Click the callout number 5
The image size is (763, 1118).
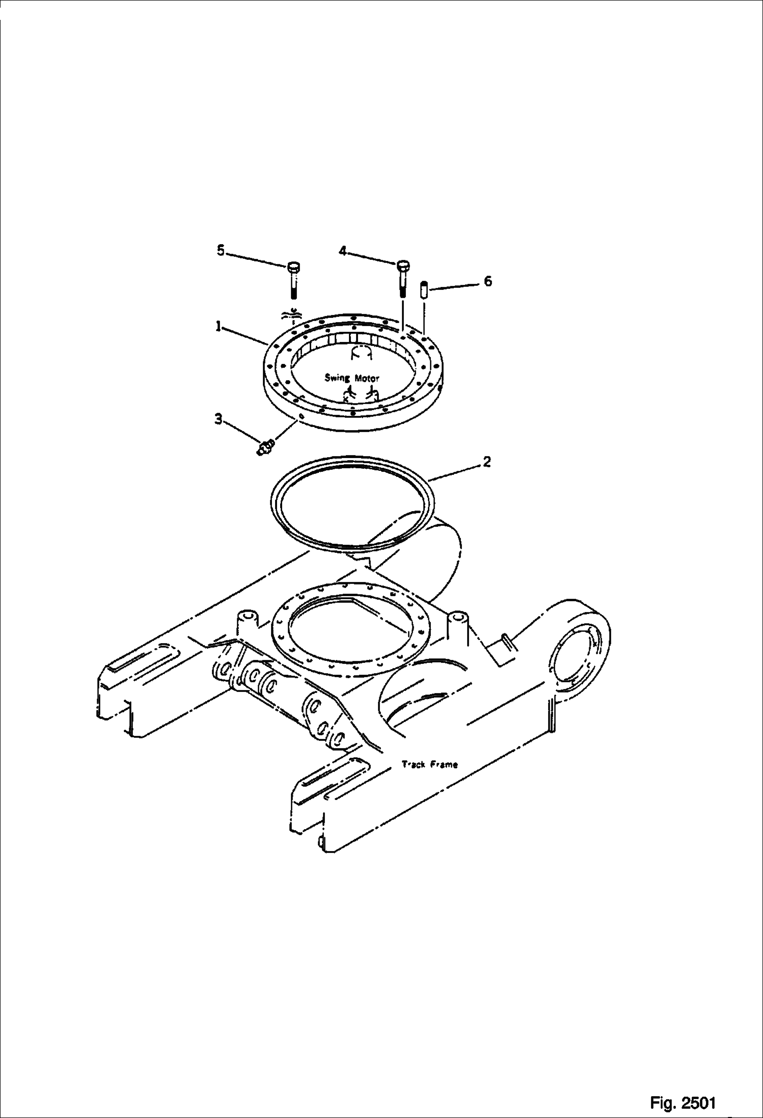click(x=221, y=251)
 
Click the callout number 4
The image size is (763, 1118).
click(x=343, y=251)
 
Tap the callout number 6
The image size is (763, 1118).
click(x=487, y=281)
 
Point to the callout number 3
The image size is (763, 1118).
click(x=218, y=419)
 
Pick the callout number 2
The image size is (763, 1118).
click(x=487, y=462)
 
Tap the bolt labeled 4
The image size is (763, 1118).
click(x=402, y=278)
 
